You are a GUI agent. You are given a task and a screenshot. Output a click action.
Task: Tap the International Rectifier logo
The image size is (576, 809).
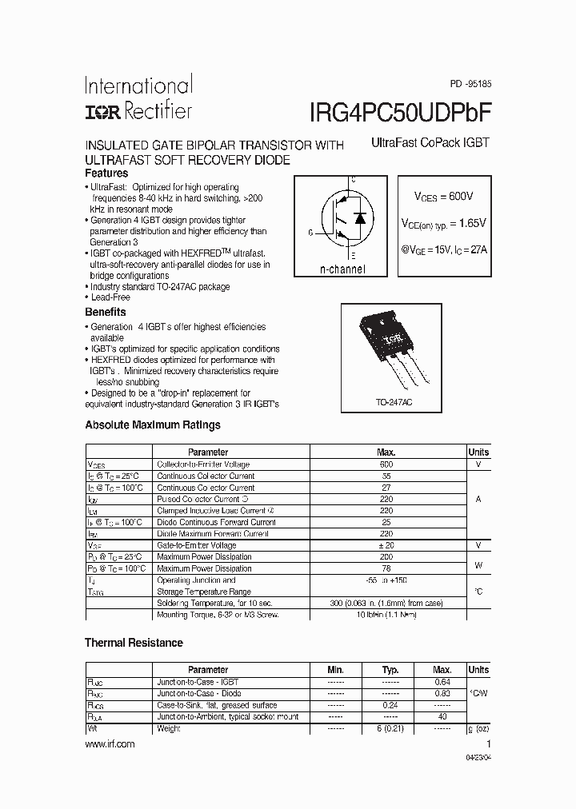click(138, 98)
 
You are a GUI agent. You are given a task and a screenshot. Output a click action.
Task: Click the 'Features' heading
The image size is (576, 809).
click(106, 173)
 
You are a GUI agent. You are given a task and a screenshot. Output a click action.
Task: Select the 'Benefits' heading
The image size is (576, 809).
click(106, 313)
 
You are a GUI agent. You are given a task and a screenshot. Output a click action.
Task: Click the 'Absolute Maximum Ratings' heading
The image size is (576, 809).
click(153, 425)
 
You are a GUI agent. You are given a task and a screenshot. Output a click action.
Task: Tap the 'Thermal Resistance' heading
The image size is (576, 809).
click(134, 643)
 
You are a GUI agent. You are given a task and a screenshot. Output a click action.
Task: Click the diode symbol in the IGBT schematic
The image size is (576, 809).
click(360, 217)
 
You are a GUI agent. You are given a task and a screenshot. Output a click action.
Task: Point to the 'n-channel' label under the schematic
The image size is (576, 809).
click(342, 269)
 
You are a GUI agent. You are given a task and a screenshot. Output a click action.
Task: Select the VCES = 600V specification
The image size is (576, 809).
click(443, 196)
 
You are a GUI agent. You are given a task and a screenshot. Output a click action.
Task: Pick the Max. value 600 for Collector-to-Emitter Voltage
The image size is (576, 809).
click(386, 464)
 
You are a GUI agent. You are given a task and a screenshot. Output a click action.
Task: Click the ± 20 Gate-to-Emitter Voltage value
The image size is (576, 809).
click(386, 545)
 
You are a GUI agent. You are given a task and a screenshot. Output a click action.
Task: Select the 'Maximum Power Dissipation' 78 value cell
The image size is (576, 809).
click(386, 568)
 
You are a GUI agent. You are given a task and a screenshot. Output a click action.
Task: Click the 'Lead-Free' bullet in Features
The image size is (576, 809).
click(110, 297)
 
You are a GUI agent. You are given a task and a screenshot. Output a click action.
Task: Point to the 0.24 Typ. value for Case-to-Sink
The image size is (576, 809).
click(391, 705)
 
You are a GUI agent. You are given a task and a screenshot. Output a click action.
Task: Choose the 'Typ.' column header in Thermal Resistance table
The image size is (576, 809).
click(390, 670)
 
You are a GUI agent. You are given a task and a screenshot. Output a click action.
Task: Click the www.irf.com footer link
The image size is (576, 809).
click(110, 743)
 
